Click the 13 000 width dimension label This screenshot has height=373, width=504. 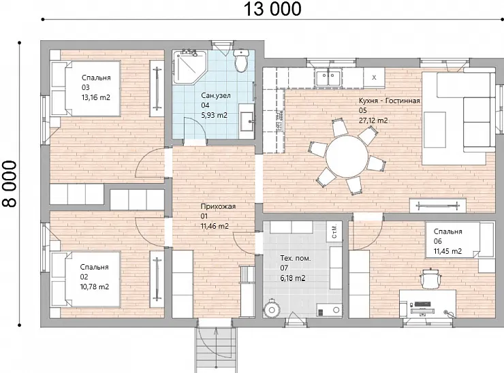pos(272,9)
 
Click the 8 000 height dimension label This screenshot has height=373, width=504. pos(10,184)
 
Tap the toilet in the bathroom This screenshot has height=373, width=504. pos(240,61)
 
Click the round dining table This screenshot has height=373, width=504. pos(347,157)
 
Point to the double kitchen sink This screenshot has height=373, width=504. pos(328,78)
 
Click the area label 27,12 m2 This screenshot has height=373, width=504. pos(373,120)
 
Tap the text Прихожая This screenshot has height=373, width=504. pos(218,206)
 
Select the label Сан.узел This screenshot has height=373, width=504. pos(216,95)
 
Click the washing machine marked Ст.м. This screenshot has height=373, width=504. pos(334,231)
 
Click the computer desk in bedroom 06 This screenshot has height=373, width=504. pos(428,304)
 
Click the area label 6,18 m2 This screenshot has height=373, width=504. pos(293,278)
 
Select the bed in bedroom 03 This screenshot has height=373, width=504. pos(86,88)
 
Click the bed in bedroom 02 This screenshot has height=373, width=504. pos(86,280)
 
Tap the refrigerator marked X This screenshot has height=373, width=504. pos(374,78)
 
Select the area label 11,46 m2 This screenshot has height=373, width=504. pos(215,226)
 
